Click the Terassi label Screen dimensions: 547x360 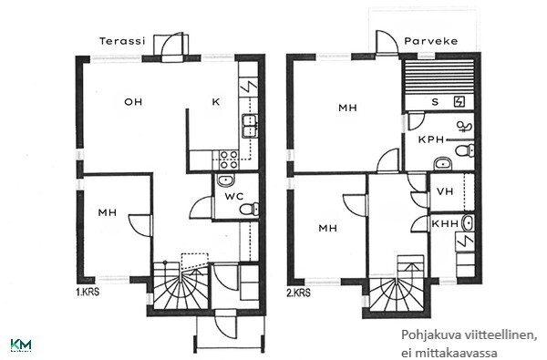(x=122, y=41)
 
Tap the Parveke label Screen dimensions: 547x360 (x=431, y=41)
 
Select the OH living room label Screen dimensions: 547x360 (x=133, y=102)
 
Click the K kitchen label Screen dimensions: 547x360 (x=216, y=102)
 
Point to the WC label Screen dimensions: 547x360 (x=234, y=196)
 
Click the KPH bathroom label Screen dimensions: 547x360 (x=431, y=139)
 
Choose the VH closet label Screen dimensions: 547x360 (x=445, y=191)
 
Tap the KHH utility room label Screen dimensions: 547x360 (x=445, y=223)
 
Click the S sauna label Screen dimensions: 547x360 (x=435, y=102)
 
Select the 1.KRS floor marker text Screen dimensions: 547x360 (x=88, y=292)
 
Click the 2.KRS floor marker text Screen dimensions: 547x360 (x=299, y=293)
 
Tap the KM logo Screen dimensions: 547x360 (x=21, y=345)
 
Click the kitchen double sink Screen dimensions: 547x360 (x=250, y=126)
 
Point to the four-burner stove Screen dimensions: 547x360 (x=229, y=159)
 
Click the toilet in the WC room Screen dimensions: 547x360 (x=249, y=209)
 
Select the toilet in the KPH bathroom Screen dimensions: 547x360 (x=465, y=150)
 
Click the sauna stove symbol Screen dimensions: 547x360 (x=459, y=101)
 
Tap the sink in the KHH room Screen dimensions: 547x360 (x=468, y=223)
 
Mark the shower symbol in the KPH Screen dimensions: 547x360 (x=464, y=127)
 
